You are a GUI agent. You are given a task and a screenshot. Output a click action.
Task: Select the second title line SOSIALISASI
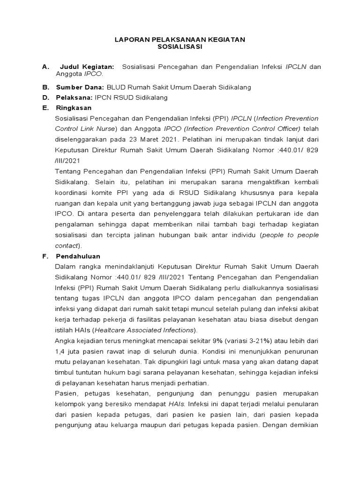pyautogui.click(x=180, y=47)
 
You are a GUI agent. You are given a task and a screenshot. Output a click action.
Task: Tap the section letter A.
pyautogui.click(x=45, y=67)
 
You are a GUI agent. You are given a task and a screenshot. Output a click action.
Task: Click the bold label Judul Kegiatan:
pyautogui.click(x=87, y=67)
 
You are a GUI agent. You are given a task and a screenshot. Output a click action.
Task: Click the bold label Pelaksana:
pyautogui.click(x=74, y=97)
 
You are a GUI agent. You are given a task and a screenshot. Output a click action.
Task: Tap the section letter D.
pyautogui.click(x=45, y=97)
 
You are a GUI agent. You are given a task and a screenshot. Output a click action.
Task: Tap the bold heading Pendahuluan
pyautogui.click(x=78, y=256)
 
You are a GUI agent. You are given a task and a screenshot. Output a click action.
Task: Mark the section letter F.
pyautogui.click(x=45, y=256)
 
